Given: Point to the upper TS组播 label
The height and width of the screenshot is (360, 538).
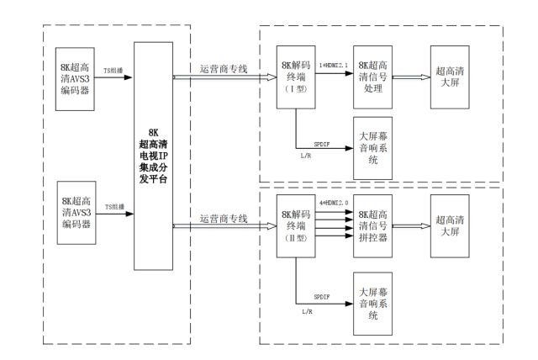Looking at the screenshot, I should [116, 71].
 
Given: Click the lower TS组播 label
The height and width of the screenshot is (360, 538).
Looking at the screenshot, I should [116, 206].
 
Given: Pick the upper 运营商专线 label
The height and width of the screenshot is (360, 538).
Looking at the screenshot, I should [224, 67].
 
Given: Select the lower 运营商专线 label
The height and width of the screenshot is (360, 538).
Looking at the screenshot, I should [224, 219].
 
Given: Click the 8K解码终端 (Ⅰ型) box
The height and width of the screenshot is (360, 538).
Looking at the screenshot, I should [298, 77].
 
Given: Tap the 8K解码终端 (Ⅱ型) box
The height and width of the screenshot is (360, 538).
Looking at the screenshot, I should [298, 226].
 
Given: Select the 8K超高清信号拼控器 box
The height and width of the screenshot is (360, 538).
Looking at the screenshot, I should [375, 226].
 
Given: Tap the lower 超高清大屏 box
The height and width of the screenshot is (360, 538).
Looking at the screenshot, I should [452, 225].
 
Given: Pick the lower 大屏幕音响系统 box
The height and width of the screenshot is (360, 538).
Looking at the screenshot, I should [375, 295].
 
